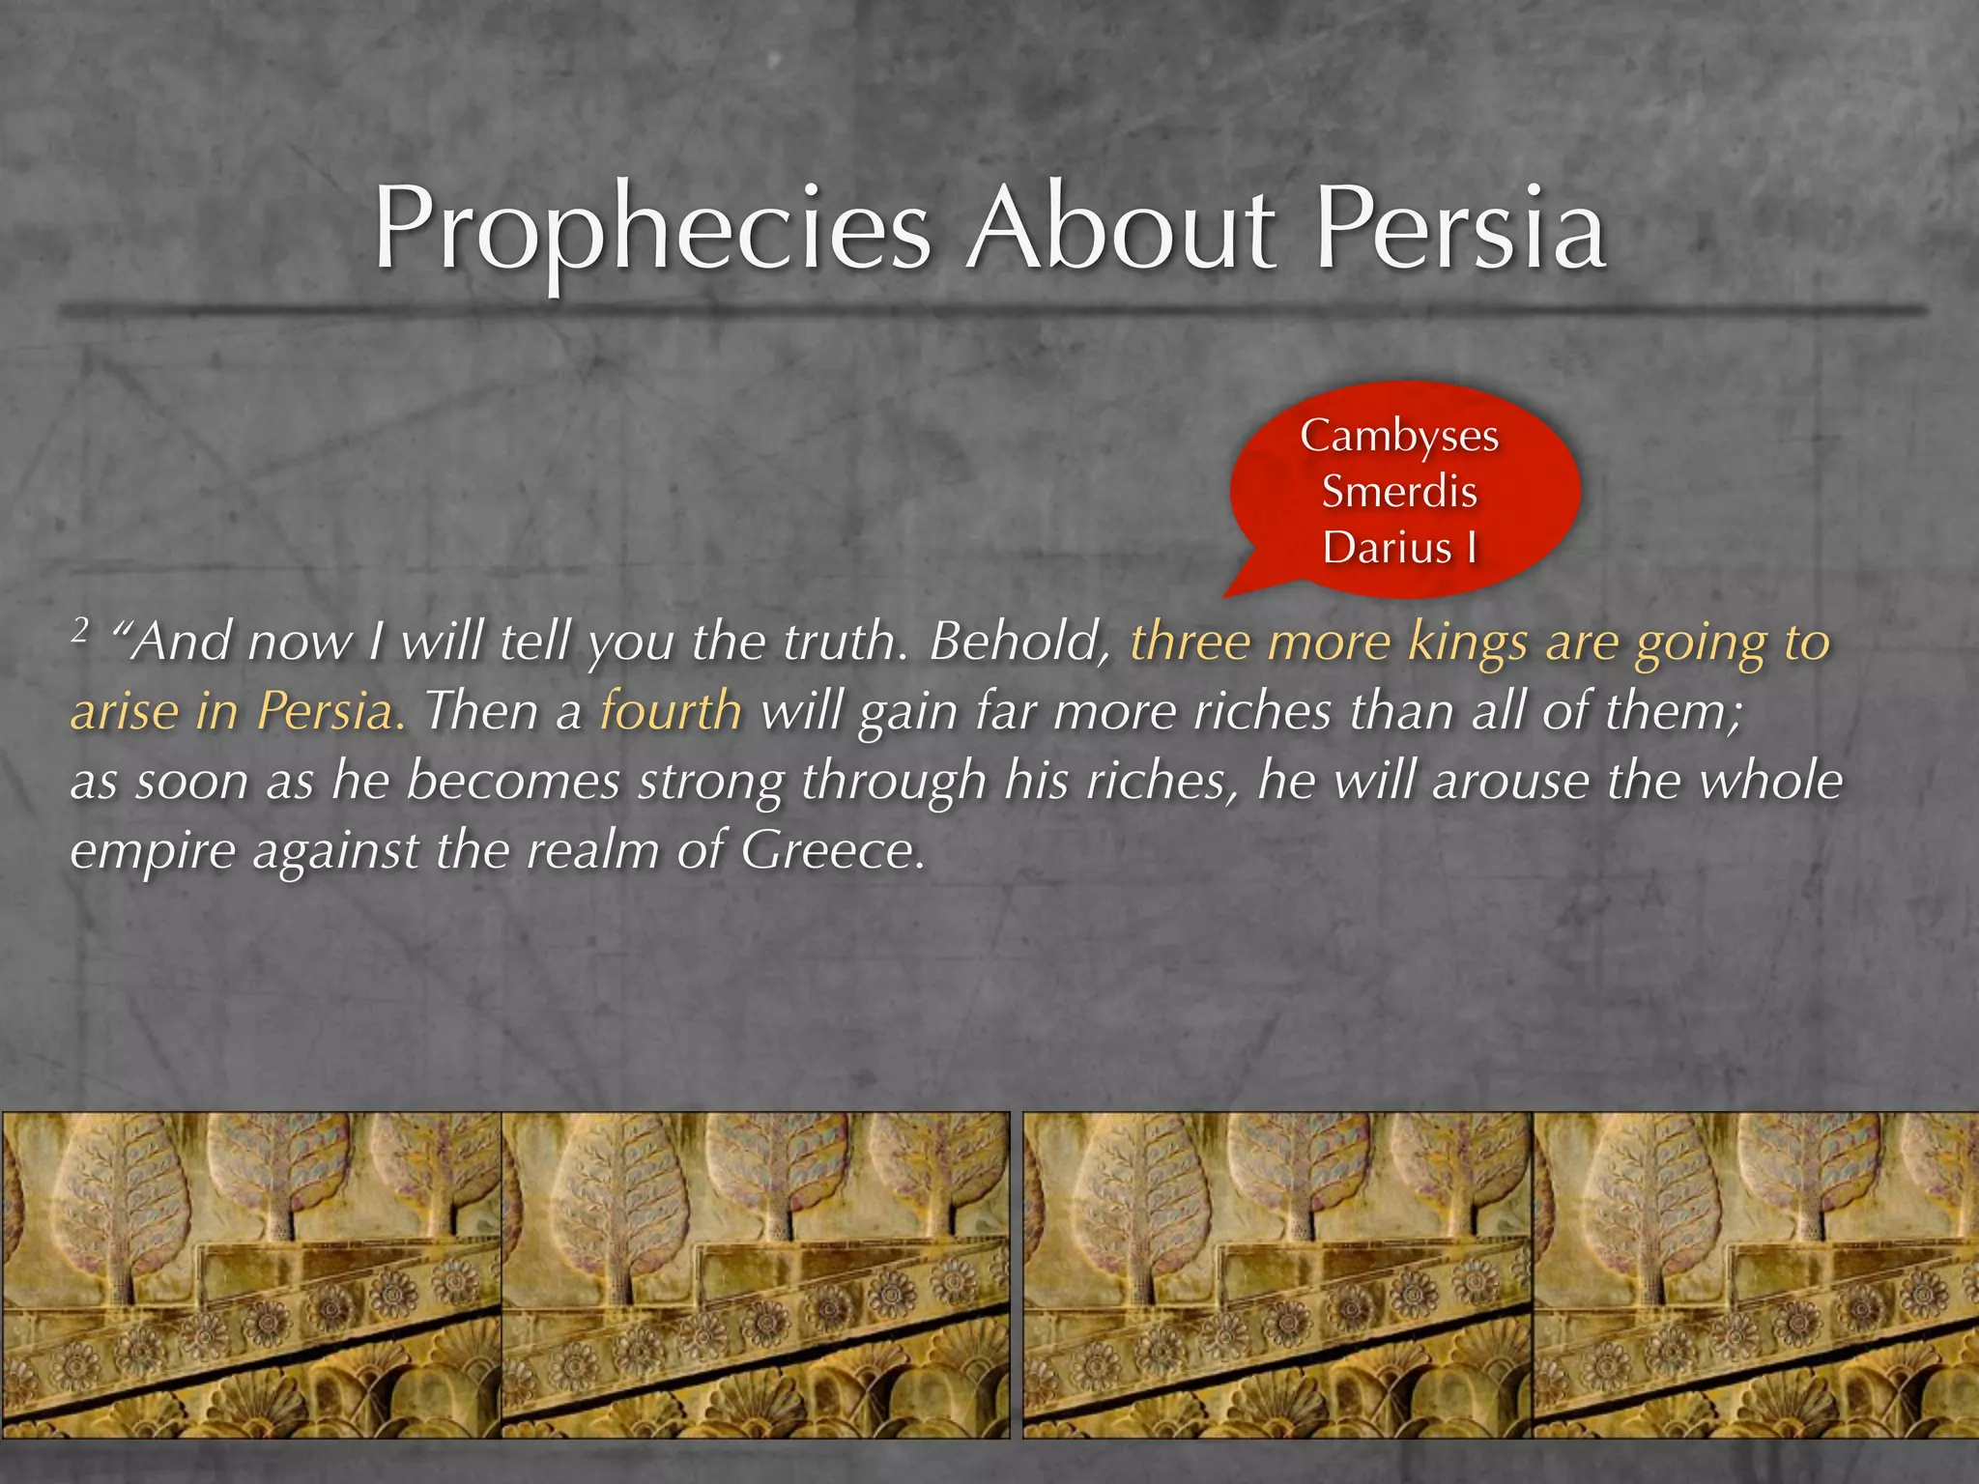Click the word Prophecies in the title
coord(652,230)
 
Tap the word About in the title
coord(1121,230)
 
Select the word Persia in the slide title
coord(1461,230)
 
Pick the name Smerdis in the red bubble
coord(1399,491)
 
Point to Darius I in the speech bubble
coord(1399,547)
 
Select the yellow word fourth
coord(671,711)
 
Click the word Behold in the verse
coord(1018,642)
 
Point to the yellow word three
coord(1190,642)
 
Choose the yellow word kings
coord(1468,642)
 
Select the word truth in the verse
coord(841,642)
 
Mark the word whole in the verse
coord(1772,781)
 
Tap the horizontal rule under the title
coord(989,310)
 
